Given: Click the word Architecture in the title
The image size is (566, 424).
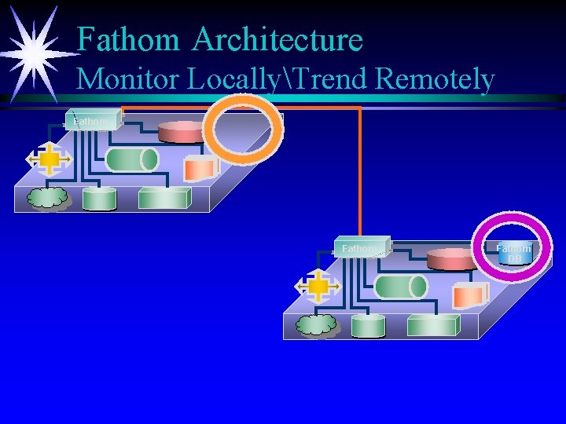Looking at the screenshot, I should pos(277,38).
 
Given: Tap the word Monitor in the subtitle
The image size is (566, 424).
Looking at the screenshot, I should pos(129,79).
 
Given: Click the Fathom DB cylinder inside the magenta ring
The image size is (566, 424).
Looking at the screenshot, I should pos(514,254).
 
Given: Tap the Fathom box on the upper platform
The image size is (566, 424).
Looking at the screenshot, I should pos(92,120).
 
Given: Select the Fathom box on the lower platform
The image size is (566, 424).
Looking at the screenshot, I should pos(361,247).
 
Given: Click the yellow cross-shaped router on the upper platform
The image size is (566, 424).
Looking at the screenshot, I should pos(49,159).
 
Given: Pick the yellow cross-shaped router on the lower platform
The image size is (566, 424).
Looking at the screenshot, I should pos(318,287).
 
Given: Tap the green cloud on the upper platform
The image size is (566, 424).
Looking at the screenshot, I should pos(47,199).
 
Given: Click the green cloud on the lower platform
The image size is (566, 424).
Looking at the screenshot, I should pos(316,325).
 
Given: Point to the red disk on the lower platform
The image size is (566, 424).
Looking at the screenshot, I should pos(451,258).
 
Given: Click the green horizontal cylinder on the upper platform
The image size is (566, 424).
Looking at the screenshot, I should pos(132,159).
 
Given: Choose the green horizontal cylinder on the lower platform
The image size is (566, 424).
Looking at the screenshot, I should pos(401,286).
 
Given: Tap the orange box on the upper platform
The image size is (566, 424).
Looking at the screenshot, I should pos(200,167).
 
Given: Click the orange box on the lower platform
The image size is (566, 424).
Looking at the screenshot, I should pos(469,294).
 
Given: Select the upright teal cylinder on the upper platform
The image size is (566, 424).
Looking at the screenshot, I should pos(99,199).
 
